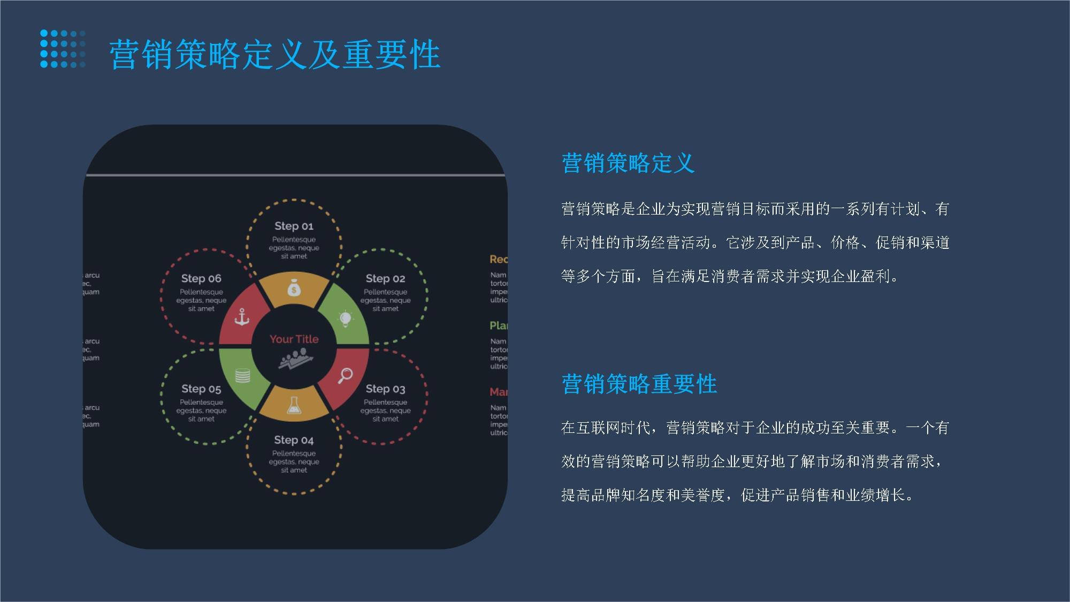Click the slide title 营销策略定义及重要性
[x=274, y=55]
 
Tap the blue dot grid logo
[x=63, y=49]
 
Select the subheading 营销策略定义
[x=628, y=163]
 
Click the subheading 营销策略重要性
[x=639, y=384]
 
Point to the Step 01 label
[x=294, y=226]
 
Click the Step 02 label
[x=385, y=278]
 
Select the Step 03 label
[x=385, y=388]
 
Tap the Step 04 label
[x=294, y=440]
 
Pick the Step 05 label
[x=201, y=388]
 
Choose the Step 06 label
[x=201, y=278]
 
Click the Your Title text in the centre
[x=294, y=339]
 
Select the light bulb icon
[x=346, y=319]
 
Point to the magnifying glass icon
[x=345, y=375]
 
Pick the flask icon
[x=294, y=405]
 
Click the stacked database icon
[x=242, y=376]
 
